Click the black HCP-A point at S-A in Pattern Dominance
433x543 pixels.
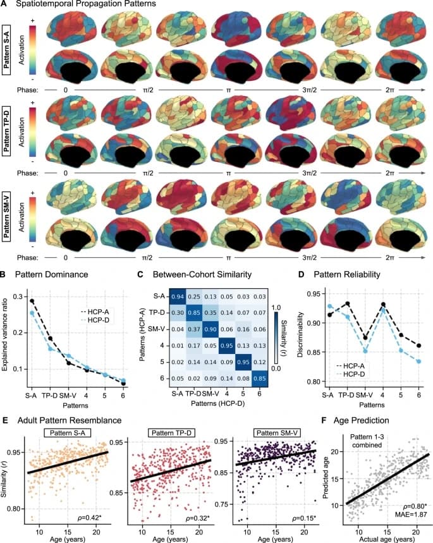(32, 301)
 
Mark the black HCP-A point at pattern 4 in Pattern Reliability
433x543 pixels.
(383, 305)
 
